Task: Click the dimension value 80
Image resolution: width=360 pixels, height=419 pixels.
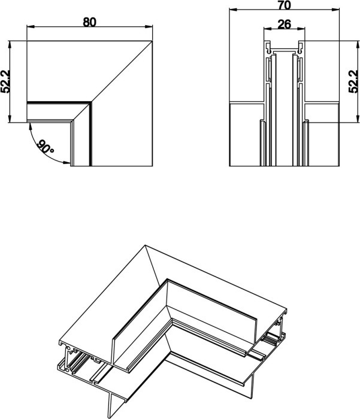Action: point(90,22)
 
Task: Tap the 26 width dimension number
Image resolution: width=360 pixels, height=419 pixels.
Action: point(284,25)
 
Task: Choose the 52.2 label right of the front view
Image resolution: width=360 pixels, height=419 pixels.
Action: point(354,79)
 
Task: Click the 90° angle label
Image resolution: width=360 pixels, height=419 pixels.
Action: point(46,147)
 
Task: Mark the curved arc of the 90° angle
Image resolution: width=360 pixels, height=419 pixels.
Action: point(35,143)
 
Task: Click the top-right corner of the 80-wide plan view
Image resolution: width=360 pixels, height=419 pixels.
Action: point(152,40)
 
